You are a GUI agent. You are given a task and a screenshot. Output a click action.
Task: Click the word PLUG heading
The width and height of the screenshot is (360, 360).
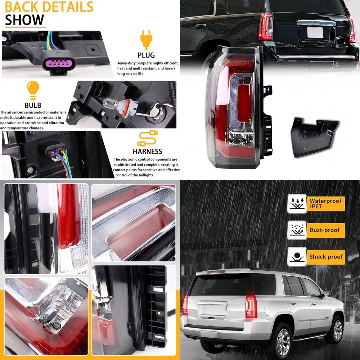point(146,55)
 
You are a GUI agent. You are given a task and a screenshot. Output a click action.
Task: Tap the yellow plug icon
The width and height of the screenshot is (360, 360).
point(146,39)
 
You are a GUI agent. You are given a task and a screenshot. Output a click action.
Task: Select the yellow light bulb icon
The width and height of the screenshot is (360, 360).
point(33,90)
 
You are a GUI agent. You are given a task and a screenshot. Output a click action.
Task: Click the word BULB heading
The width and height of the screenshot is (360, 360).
point(33,105)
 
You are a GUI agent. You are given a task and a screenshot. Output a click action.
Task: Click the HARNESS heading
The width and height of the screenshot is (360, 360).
point(147,152)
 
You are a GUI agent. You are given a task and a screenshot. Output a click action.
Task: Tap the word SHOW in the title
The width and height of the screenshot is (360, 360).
point(24,20)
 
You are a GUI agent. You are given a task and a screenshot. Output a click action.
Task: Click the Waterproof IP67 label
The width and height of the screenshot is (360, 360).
point(326,203)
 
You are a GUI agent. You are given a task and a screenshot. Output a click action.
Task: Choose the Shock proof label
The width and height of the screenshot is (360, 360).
point(326,257)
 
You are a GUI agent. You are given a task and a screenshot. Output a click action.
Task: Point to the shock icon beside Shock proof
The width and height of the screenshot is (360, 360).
point(297,257)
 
